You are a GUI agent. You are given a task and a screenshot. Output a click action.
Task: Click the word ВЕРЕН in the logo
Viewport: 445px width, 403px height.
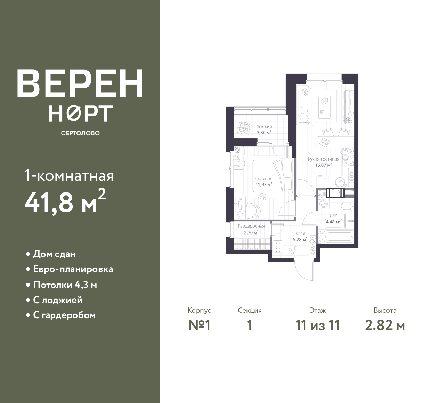pos(80,83)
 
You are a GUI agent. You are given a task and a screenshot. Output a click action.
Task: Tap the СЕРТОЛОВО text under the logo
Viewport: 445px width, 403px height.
pos(80,133)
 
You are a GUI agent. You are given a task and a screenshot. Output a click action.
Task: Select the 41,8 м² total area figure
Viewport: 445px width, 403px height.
pos(65,201)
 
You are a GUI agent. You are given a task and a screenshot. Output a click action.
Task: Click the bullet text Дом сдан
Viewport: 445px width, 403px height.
pos(54,254)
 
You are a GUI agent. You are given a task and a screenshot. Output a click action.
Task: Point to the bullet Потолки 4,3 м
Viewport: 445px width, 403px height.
pos(65,285)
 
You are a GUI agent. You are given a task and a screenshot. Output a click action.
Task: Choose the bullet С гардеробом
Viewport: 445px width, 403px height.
pos(64,315)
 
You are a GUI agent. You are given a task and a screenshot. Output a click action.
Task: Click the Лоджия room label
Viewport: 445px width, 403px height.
pos(264,127)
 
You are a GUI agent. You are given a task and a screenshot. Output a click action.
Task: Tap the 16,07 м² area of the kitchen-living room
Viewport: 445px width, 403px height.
pos(323,165)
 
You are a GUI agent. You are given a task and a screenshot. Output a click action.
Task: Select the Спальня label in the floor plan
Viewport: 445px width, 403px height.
pos(264,179)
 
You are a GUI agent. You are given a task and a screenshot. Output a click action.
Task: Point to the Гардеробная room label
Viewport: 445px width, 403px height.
pos(251,226)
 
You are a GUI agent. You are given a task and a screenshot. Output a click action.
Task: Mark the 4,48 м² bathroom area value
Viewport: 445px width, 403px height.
pos(333,222)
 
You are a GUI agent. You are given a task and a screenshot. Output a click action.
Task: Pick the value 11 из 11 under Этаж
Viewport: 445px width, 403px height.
pos(318,326)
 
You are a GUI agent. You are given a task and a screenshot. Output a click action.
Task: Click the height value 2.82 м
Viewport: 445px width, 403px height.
pos(385,326)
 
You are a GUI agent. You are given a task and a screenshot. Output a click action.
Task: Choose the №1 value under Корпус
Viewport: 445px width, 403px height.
pos(199,326)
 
